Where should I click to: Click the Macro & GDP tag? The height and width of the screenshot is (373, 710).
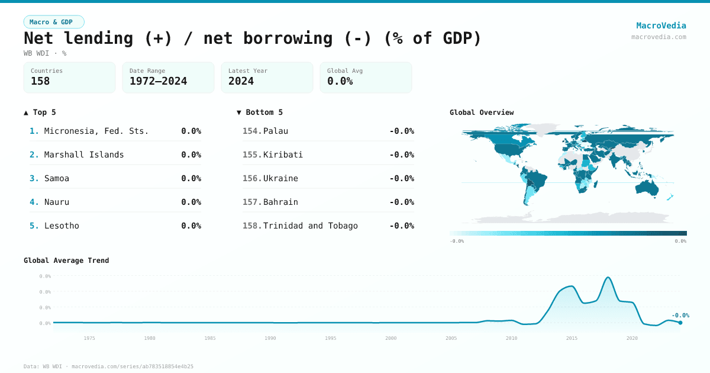[54, 22]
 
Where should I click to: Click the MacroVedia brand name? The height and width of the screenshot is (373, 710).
[661, 25]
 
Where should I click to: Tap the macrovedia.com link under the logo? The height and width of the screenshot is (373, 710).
[659, 37]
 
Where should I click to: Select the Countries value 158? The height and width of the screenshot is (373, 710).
[40, 81]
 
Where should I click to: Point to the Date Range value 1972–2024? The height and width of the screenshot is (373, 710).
[158, 81]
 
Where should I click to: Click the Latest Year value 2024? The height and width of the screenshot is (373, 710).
[241, 81]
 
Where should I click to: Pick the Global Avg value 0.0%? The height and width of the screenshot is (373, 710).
[340, 81]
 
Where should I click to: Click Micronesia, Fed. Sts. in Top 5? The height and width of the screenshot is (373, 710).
[96, 131]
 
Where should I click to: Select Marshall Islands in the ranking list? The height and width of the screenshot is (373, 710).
[84, 155]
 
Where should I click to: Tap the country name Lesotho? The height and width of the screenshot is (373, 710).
[62, 226]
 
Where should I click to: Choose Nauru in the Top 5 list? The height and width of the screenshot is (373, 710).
[57, 202]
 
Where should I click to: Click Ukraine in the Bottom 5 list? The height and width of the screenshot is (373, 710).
[280, 178]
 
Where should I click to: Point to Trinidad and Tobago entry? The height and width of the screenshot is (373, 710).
[310, 226]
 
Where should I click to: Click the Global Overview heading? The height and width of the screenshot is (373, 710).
[482, 112]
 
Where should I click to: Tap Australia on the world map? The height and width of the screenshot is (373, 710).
[647, 187]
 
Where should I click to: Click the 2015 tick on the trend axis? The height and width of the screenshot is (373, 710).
[572, 338]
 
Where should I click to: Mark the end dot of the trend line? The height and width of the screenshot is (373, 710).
[680, 323]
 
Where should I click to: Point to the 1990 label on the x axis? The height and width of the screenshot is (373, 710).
[270, 338]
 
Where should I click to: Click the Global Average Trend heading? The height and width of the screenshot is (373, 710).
[66, 261]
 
